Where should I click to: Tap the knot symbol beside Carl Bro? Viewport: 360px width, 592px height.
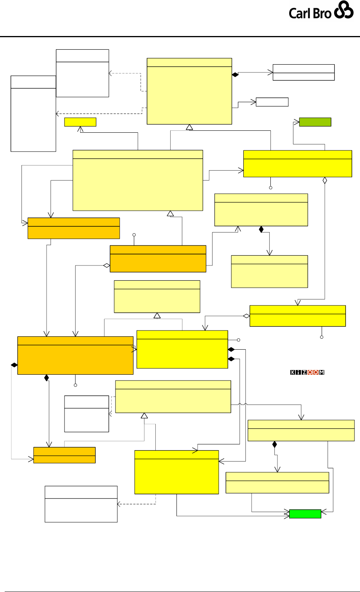(x=344, y=12)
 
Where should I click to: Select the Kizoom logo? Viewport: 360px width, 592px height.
(x=308, y=372)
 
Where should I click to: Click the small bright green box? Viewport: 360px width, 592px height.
(x=305, y=514)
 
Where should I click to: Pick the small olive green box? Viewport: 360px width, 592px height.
(x=315, y=122)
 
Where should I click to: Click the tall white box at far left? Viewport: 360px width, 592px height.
(x=33, y=114)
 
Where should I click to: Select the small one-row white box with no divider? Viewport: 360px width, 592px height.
(x=272, y=102)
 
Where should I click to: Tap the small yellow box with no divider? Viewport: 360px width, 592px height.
(x=80, y=122)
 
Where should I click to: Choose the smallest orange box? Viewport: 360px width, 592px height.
(x=65, y=455)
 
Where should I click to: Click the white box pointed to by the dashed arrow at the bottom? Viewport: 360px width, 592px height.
(x=81, y=504)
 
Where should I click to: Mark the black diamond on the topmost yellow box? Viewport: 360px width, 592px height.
(x=235, y=74)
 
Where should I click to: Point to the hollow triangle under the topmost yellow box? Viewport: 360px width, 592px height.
(x=190, y=127)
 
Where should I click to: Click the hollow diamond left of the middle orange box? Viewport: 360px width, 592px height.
(x=106, y=265)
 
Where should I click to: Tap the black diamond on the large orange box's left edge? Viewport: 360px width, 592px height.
(x=14, y=365)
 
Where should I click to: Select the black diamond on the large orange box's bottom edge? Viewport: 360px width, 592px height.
(x=47, y=378)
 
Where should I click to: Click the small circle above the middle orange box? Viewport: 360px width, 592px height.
(x=134, y=235)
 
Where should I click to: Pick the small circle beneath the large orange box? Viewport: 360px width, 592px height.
(x=76, y=385)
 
